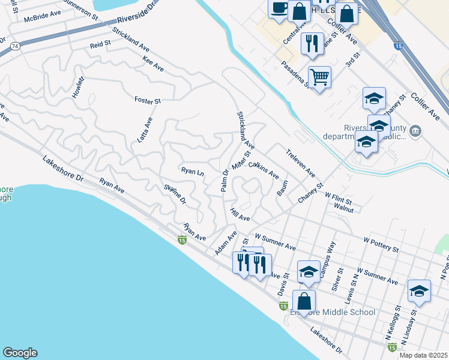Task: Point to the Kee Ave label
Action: [153, 64]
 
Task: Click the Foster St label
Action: [148, 101]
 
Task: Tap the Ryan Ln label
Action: [193, 171]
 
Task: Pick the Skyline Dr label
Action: [175, 196]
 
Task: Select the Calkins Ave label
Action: [264, 170]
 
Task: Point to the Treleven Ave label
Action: [300, 163]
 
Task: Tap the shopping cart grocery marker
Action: [320, 76]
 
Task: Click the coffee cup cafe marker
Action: [279, 8]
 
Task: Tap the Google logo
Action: [20, 353]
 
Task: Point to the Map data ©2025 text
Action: [424, 355]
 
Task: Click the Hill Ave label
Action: [240, 214]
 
